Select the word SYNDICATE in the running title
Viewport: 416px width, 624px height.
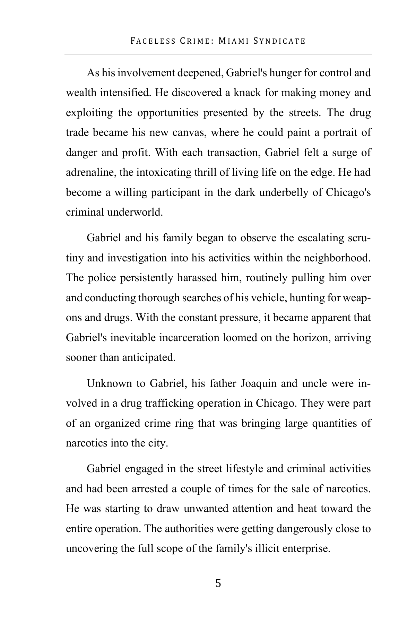279,41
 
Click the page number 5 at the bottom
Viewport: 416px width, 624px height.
218,583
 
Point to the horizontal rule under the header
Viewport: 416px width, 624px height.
218,54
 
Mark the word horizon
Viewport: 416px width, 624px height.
308,338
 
